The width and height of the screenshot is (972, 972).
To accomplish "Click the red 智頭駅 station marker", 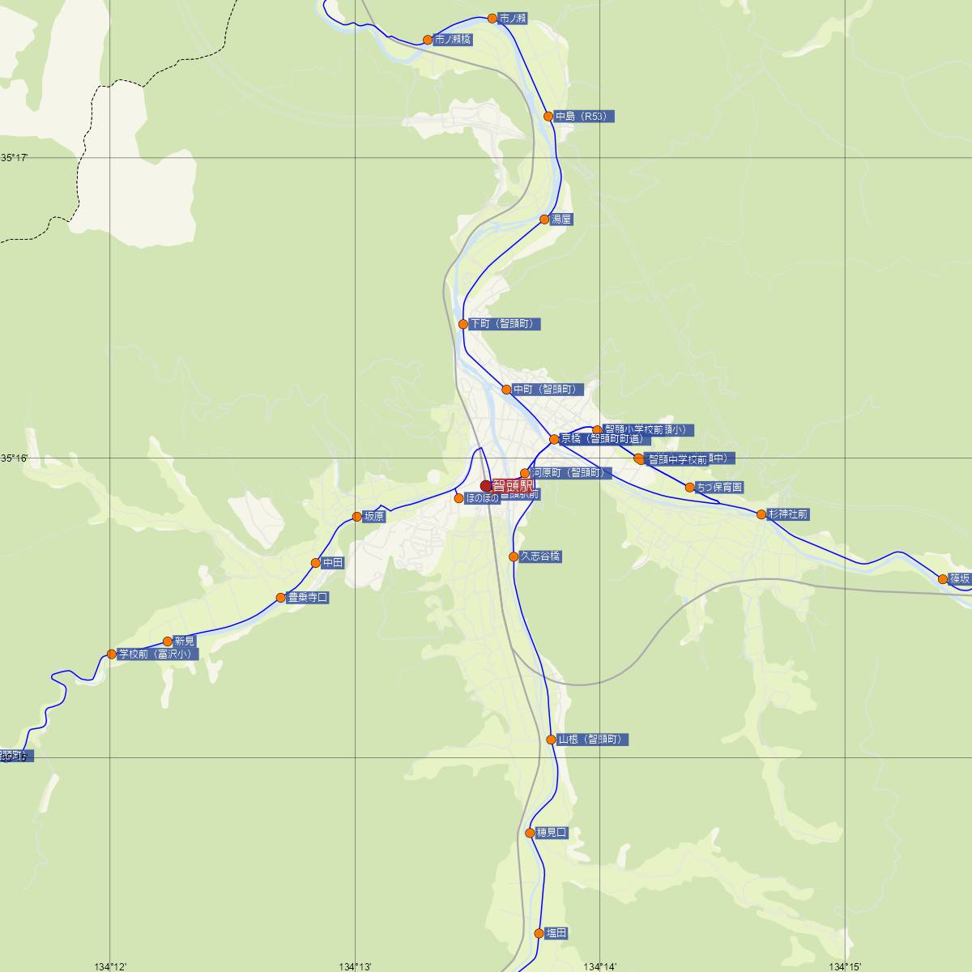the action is click(487, 486).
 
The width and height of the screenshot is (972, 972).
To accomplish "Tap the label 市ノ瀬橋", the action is click(453, 40).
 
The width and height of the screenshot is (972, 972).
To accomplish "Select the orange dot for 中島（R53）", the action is click(548, 116).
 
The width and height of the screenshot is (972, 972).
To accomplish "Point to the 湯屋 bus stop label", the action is click(561, 220).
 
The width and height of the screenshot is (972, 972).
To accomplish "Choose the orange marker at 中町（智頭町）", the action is click(506, 390).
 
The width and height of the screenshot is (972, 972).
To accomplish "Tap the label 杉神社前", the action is click(787, 514).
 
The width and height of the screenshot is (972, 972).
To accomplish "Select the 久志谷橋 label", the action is click(540, 556).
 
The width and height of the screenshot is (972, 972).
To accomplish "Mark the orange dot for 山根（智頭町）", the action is click(552, 740).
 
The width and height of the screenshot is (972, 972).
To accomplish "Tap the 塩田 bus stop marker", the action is click(539, 933).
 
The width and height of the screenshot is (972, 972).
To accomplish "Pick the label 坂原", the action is click(374, 517).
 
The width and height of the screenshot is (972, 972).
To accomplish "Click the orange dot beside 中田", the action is click(316, 563).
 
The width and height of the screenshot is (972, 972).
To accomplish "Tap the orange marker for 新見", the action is click(168, 641).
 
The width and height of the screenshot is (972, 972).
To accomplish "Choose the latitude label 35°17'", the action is click(14, 157).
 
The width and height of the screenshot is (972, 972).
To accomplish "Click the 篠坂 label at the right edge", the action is click(960, 579).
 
